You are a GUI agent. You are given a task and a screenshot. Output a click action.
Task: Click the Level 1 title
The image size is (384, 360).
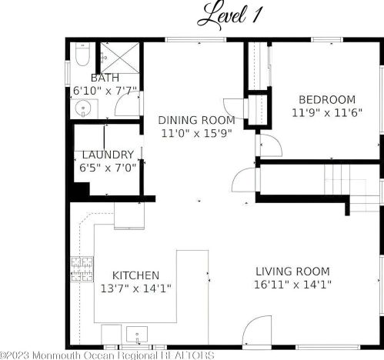[229, 16]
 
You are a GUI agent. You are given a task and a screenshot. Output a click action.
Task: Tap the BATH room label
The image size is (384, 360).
[105, 78]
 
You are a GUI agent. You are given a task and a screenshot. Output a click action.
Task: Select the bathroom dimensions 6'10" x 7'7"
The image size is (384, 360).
[105, 91]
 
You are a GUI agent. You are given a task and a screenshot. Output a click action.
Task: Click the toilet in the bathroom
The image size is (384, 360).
[83, 55]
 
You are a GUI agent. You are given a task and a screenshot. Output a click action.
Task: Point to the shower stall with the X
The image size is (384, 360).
[119, 58]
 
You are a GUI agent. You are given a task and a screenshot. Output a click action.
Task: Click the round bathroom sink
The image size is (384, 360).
[83, 108]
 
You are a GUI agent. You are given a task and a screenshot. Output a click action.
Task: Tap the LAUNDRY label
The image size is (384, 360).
[108, 155]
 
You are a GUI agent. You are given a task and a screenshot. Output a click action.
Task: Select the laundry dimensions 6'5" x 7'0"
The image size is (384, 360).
[108, 168]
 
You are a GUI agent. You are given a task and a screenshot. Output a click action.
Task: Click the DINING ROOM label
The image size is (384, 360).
[196, 120]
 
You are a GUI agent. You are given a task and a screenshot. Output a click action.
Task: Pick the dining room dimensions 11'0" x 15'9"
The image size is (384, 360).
[196, 133]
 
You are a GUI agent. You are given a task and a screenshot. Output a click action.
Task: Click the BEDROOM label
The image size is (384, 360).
[327, 99]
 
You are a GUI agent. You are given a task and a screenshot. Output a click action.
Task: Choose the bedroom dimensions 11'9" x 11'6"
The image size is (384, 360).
[327, 113]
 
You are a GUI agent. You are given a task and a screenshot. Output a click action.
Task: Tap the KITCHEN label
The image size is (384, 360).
[135, 275]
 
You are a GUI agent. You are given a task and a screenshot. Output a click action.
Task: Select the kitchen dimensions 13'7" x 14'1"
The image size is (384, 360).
[135, 288]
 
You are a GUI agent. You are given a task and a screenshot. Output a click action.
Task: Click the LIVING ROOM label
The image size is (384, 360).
[293, 272]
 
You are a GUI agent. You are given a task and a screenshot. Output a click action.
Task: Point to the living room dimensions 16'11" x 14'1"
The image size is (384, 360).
[292, 285]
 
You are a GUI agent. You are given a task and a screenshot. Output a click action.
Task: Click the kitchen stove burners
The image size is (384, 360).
[82, 269]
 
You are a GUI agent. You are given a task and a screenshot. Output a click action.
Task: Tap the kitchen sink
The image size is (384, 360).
[137, 334]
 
